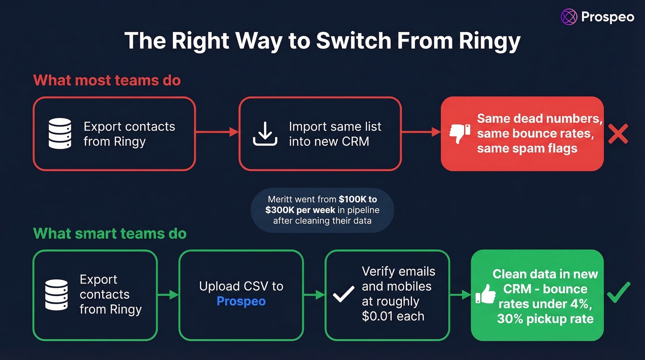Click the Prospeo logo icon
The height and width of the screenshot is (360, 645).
569,17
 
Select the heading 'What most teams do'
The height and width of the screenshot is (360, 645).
107,80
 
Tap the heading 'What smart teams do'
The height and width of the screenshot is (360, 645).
110,233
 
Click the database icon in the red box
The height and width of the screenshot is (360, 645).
60,133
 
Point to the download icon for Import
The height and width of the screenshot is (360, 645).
265,134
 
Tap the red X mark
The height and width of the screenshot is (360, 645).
618,133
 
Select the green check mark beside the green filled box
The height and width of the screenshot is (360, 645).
618,293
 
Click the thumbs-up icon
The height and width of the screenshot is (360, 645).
485,294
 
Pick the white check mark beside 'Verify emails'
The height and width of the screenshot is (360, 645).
344,294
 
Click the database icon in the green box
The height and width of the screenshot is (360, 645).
57,294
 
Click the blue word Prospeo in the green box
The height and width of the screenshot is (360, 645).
241,301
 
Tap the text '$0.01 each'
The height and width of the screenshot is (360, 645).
393,317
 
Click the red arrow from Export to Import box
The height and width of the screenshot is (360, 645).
217,133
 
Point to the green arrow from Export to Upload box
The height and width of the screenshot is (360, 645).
168,295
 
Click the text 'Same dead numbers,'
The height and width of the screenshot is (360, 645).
539,119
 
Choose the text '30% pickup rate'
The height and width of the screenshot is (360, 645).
545,319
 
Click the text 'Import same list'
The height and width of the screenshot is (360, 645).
335,127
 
